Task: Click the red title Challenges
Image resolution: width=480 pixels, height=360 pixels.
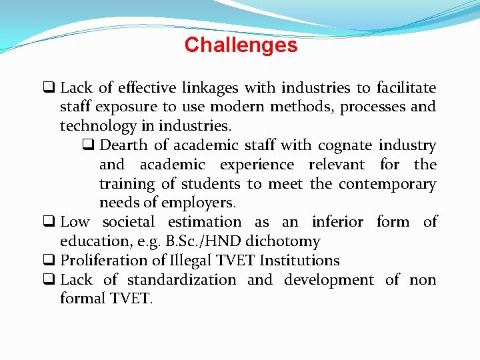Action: click(x=241, y=45)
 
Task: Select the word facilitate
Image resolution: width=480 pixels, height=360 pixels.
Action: click(x=406, y=88)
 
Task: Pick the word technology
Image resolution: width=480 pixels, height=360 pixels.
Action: click(x=99, y=126)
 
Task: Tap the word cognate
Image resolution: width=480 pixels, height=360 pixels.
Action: click(x=345, y=145)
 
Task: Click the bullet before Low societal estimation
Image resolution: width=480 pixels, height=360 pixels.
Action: click(x=49, y=222)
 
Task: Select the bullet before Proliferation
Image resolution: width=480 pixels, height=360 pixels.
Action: click(x=49, y=261)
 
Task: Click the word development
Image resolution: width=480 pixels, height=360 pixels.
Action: click(x=329, y=280)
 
